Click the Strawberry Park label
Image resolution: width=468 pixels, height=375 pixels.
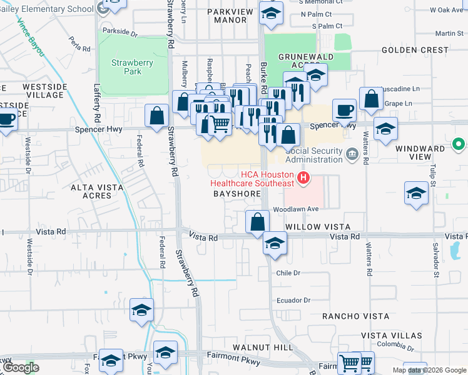pos(126,67)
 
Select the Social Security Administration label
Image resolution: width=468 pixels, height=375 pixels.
pos(313,155)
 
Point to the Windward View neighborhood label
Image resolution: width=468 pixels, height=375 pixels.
pos(420,149)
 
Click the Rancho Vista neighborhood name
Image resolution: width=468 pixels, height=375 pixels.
pos(355,317)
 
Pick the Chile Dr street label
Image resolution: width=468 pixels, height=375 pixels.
pos(288,273)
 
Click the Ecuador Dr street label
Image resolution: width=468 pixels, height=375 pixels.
pos(293,301)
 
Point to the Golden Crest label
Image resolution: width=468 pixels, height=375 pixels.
pos(415,50)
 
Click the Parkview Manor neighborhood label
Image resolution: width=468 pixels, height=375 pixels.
pos(229,16)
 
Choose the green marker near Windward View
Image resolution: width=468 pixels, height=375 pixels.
pos(460,144)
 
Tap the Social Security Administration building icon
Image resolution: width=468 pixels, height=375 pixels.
pos(352,152)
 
